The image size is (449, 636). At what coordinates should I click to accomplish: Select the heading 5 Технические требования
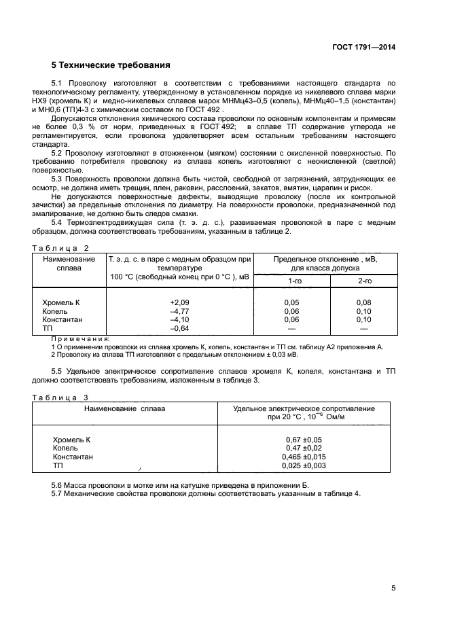click(110, 65)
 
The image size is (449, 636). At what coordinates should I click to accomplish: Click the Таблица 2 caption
click(61, 249)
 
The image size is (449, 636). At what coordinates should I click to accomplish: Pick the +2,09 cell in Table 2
click(179, 302)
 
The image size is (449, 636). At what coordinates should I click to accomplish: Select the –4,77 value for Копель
click(179, 311)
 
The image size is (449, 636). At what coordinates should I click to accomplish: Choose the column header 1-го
click(295, 280)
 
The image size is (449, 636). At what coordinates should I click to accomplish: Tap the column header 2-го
click(365, 280)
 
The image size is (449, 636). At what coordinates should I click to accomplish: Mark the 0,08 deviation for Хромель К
click(364, 302)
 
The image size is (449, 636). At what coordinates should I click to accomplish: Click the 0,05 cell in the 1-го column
click(291, 302)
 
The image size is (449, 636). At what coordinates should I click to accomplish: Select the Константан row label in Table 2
click(62, 319)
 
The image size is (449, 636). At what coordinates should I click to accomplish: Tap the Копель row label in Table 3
click(65, 448)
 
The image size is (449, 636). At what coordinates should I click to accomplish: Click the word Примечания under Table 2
click(81, 338)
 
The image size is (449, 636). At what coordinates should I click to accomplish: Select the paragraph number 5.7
click(58, 493)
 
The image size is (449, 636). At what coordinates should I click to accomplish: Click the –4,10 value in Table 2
click(179, 319)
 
